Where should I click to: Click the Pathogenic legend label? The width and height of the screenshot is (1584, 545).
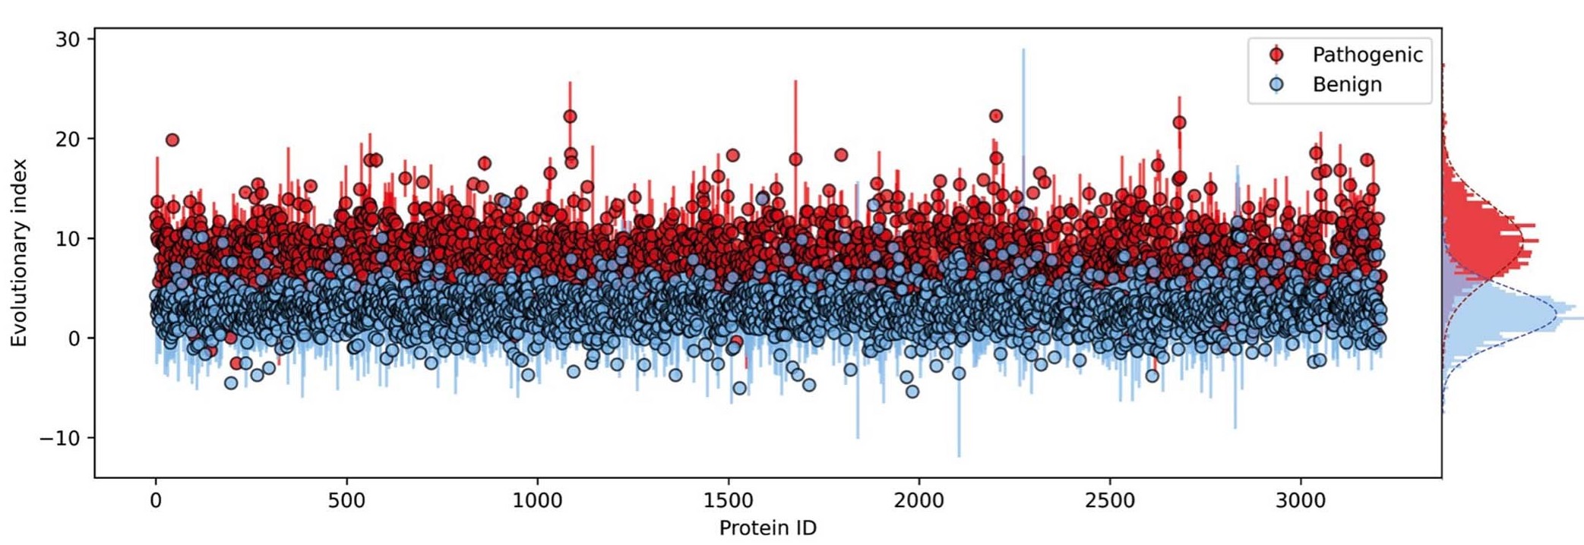(1367, 55)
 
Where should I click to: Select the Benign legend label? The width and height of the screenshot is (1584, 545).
(1346, 84)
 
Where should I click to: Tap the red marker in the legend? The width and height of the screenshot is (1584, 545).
(1276, 55)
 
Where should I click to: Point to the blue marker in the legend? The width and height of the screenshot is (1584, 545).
(1276, 84)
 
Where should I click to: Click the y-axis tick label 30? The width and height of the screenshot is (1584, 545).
(68, 39)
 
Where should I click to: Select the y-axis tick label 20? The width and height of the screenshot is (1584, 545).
(68, 139)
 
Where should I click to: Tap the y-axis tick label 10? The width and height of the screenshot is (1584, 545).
(68, 238)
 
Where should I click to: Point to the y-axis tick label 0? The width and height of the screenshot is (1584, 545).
(74, 339)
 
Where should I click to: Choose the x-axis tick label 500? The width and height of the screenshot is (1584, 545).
(346, 501)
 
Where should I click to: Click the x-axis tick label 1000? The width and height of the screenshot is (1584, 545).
(537, 501)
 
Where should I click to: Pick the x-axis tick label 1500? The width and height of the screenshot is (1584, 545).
(729, 501)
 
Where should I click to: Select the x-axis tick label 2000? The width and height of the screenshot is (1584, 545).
(919, 501)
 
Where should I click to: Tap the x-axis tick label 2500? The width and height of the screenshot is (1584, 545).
(1110, 501)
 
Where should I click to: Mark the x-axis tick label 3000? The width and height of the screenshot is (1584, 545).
(1301, 501)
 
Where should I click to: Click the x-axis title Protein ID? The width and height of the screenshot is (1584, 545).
(767, 528)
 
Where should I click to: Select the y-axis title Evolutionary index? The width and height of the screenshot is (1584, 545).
(18, 253)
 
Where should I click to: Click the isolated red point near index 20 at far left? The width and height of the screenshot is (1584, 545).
(172, 140)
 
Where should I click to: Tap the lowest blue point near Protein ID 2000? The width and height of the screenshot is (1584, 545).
(912, 392)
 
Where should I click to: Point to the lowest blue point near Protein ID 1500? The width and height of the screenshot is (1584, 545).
(739, 388)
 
